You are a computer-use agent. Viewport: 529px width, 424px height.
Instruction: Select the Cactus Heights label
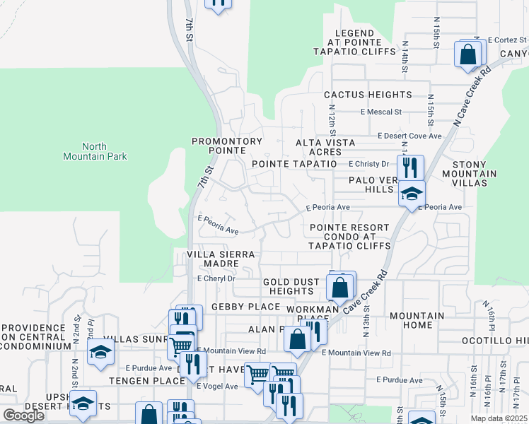coord(368,95)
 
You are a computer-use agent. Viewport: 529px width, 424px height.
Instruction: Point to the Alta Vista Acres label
coord(325,147)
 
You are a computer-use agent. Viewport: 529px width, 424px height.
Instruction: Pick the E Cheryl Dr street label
coord(216,279)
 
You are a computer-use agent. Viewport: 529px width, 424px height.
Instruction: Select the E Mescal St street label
coord(380,112)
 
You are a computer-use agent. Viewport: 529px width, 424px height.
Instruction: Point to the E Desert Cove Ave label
coord(409,136)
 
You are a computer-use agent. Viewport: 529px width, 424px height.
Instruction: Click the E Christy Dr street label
coord(368,163)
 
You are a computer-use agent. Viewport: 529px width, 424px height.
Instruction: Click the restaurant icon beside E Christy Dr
coord(409,168)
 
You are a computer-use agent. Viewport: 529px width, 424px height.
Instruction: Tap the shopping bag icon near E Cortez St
coord(468,54)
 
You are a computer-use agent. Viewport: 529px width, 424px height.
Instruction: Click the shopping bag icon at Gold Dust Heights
coord(340,288)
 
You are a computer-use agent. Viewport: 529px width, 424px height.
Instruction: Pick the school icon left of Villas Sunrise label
coord(100,351)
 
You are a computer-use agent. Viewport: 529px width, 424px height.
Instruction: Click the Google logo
coord(23,416)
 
